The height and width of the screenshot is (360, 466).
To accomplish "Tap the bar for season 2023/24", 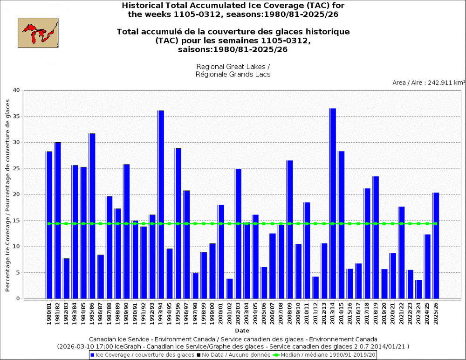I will pyautogui.click(x=419, y=289).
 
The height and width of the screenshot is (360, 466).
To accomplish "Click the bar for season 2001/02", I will pyautogui.click(x=229, y=289).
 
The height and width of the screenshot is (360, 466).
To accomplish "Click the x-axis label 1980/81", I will pyautogui.click(x=49, y=314).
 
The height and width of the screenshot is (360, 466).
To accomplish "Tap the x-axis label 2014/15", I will pyautogui.click(x=342, y=314).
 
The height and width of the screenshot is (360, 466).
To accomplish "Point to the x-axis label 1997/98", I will pyautogui.click(x=195, y=314).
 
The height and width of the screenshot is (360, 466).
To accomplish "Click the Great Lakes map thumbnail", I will pyautogui.click(x=38, y=33).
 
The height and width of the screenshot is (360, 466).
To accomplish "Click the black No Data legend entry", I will pyautogui.click(x=233, y=355).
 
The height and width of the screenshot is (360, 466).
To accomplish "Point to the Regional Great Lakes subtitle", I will pyautogui.click(x=233, y=67).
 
